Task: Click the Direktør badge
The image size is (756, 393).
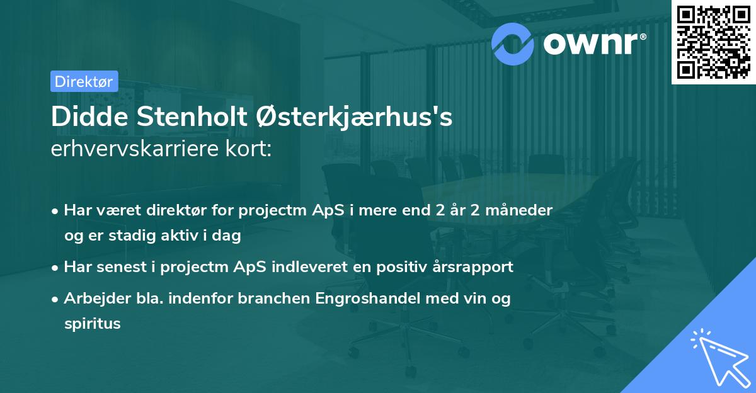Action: pos(84,81)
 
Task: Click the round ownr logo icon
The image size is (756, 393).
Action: pos(513,43)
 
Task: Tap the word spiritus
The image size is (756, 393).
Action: pos(92,324)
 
